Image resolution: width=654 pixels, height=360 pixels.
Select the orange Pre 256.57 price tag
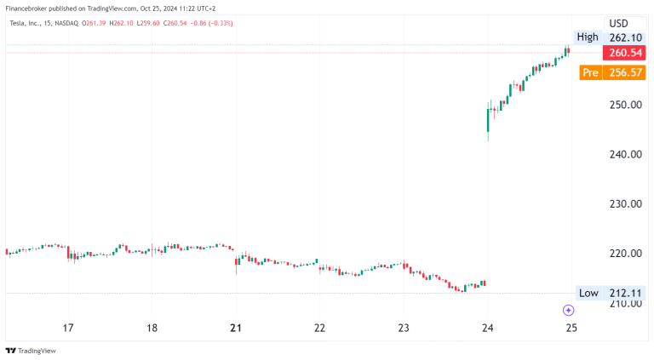coord(613,73)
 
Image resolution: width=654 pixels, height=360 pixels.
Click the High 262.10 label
coord(613,37)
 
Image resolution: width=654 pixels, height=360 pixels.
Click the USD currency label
coord(618,23)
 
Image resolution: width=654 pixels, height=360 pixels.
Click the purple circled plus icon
coord(568,311)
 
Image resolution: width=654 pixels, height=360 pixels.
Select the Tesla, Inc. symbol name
coord(25,23)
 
